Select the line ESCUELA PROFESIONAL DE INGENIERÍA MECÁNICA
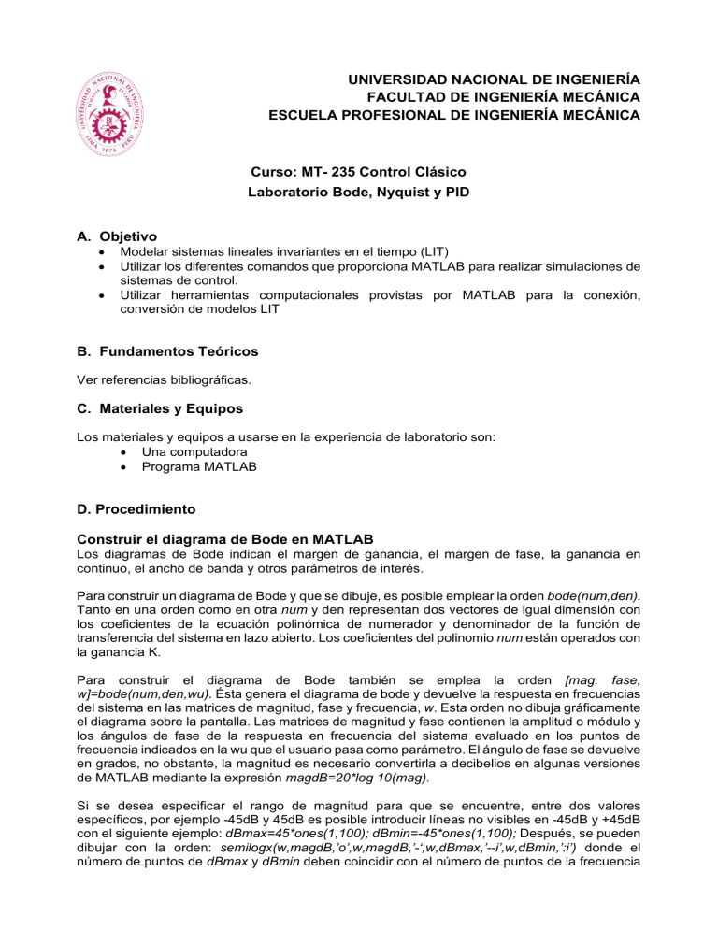pyautogui.click(x=453, y=116)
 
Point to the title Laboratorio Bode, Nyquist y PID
pyautogui.click(x=358, y=193)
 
